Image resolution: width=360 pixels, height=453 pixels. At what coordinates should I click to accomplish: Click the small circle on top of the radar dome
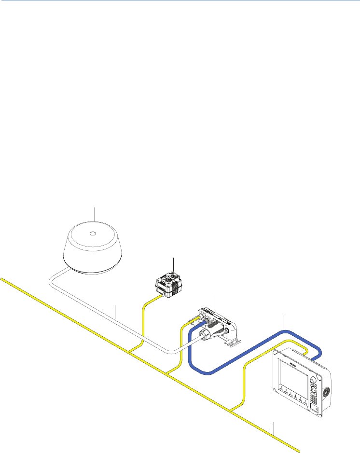click(x=94, y=234)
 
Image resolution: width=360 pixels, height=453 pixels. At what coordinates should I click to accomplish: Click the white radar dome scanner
click(x=95, y=248)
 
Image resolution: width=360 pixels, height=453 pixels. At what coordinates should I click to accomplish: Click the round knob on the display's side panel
click(x=327, y=391)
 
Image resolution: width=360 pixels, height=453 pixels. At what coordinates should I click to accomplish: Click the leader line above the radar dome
click(x=95, y=214)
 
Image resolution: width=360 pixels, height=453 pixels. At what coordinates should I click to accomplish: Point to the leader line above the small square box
click(x=173, y=265)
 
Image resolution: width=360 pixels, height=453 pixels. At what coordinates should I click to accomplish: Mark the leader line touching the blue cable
click(x=282, y=322)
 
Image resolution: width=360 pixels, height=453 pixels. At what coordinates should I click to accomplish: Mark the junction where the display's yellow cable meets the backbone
click(x=232, y=411)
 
